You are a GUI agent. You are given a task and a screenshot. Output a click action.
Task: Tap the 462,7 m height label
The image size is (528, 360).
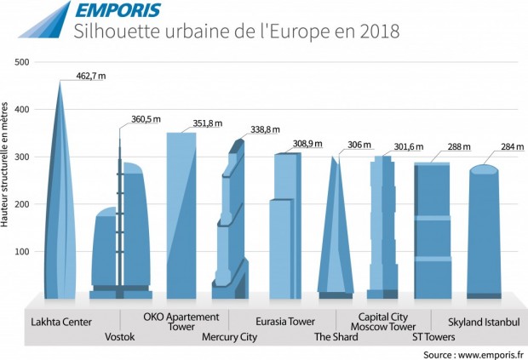click(89, 77)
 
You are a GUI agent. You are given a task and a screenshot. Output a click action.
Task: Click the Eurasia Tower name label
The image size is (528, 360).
click(285, 322)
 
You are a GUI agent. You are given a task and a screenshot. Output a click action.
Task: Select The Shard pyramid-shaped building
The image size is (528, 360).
click(336, 230)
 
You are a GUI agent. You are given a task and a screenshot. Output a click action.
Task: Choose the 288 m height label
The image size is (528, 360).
click(460, 146)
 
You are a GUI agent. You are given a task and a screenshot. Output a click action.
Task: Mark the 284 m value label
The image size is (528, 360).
click(509, 146)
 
